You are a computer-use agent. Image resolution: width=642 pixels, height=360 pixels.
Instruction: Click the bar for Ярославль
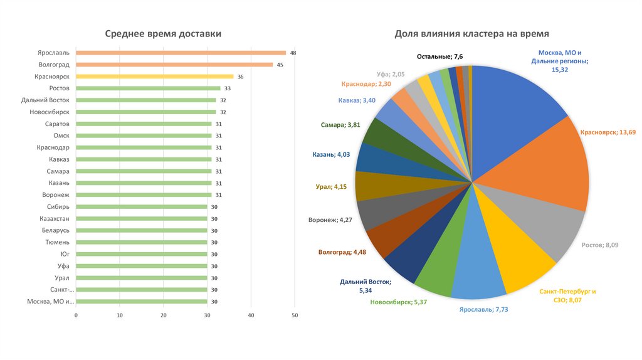[x=181, y=53]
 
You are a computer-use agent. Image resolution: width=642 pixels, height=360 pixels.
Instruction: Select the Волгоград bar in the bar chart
[x=174, y=65]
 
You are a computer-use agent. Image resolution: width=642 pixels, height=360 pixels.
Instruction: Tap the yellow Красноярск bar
[x=154, y=77]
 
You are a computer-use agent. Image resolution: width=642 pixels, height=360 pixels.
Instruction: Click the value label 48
[x=293, y=53]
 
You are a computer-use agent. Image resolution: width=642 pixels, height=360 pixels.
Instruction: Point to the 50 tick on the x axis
[x=295, y=315]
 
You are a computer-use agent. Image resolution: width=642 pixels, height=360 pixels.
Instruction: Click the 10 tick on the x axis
[x=120, y=315]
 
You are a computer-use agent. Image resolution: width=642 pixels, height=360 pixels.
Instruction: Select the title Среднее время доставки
[x=163, y=34]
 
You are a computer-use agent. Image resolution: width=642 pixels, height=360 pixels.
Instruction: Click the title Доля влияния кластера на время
[x=471, y=34]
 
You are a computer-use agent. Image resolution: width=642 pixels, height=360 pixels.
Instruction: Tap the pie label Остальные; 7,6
[x=441, y=57]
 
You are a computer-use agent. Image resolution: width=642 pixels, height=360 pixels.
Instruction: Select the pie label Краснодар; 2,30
[x=366, y=84]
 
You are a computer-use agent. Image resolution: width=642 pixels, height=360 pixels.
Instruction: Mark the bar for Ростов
[x=148, y=88]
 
